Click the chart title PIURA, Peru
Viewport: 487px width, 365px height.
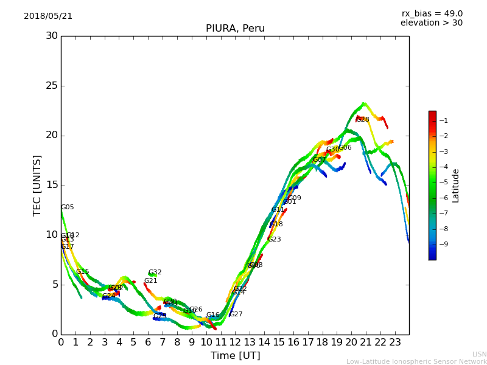point(235,29)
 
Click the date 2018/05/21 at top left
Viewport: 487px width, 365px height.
point(48,16)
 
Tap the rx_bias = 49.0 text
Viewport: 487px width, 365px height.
point(432,14)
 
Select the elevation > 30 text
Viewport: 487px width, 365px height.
point(431,23)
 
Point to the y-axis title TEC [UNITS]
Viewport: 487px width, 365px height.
point(37,185)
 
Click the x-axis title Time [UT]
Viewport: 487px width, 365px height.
point(235,356)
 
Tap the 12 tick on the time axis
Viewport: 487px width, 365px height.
point(235,342)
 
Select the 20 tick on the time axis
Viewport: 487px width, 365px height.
point(351,342)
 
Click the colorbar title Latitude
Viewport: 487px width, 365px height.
point(455,186)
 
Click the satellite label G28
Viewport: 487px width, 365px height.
point(363,120)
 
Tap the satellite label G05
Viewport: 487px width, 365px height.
point(68,207)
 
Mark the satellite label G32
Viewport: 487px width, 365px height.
point(155,273)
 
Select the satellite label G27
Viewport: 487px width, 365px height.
point(236,315)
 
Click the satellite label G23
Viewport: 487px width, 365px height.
point(275,240)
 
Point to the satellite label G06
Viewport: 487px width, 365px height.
point(345,148)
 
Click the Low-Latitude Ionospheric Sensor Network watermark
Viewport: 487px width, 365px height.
point(416,362)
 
